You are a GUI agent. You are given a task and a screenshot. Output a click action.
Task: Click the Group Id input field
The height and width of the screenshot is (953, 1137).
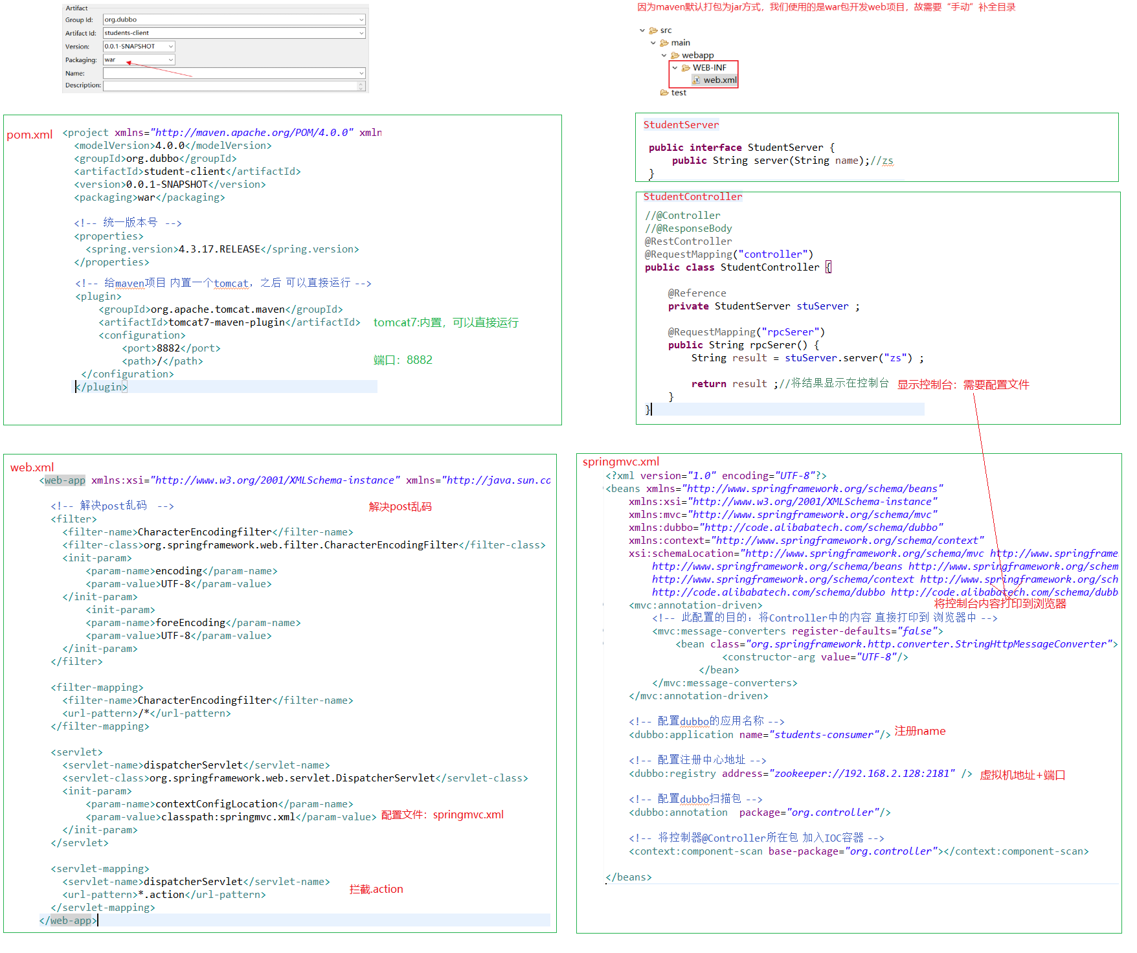234,19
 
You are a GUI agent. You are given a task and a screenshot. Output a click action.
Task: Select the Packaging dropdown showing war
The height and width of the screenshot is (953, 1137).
139,60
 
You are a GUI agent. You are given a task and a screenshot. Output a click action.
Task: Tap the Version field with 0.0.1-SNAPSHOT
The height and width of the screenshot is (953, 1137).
139,47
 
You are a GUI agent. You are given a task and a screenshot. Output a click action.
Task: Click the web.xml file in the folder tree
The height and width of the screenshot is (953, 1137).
719,80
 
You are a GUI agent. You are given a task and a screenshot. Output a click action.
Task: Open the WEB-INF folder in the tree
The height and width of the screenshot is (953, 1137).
709,67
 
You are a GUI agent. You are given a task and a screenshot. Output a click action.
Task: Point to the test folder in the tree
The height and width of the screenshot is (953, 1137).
678,93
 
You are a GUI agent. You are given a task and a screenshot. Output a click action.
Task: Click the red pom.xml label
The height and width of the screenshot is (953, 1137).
29,135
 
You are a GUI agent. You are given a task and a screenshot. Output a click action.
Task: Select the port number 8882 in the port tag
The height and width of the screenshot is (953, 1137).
168,348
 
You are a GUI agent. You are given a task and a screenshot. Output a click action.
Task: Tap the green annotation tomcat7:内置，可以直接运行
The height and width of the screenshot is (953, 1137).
445,322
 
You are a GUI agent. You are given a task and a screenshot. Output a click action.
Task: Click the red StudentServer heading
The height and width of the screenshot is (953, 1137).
681,125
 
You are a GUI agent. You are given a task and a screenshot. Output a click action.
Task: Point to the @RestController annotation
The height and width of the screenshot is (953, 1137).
688,241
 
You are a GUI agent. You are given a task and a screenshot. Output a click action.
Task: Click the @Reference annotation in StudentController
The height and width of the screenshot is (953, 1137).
697,293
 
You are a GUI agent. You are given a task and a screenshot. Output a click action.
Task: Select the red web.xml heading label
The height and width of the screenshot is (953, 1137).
32,467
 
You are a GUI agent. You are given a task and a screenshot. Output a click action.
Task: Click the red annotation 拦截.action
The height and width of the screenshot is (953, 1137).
376,890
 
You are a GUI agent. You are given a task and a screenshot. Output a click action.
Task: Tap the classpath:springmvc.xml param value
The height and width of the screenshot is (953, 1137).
228,817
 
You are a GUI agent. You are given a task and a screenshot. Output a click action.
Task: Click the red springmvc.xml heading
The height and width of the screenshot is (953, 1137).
620,462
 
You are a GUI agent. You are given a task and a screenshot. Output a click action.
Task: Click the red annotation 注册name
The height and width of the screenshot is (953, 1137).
919,731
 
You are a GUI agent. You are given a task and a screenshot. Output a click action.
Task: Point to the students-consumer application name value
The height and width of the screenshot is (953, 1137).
824,735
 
